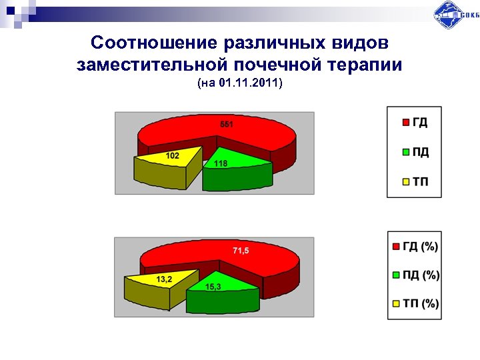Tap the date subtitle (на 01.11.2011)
[x=240, y=83]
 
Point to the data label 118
[x=221, y=163]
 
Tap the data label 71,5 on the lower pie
[x=241, y=251]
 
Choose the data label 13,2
[x=164, y=279]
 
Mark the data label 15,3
[x=213, y=287]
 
